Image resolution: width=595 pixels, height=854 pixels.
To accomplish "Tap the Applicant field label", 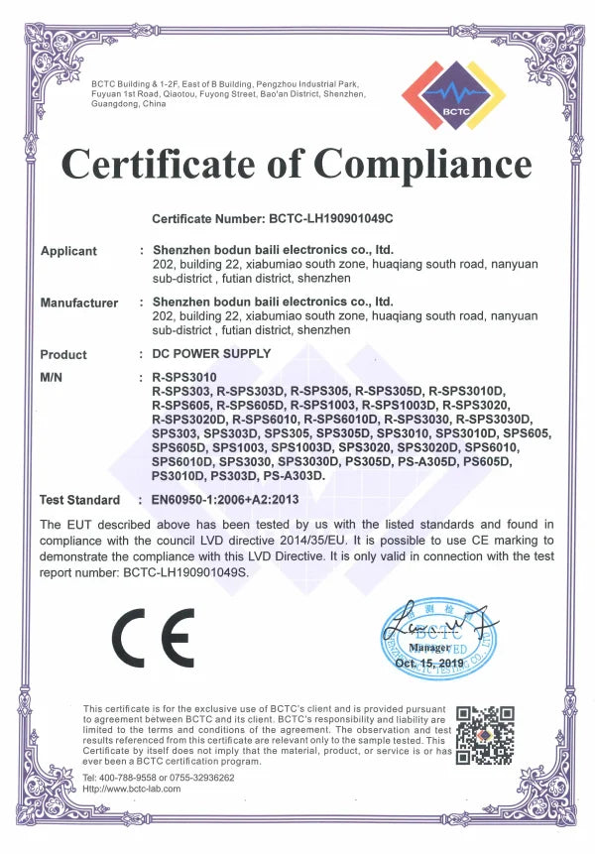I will tap(68, 251).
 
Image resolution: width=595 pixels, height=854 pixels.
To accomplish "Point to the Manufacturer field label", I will tap(79, 303).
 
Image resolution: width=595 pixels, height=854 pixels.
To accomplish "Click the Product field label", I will tap(63, 354).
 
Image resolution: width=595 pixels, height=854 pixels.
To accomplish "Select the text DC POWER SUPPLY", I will tap(211, 354).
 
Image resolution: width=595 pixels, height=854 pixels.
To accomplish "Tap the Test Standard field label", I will tap(79, 500).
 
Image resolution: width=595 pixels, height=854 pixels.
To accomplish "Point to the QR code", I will tap(485, 735).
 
